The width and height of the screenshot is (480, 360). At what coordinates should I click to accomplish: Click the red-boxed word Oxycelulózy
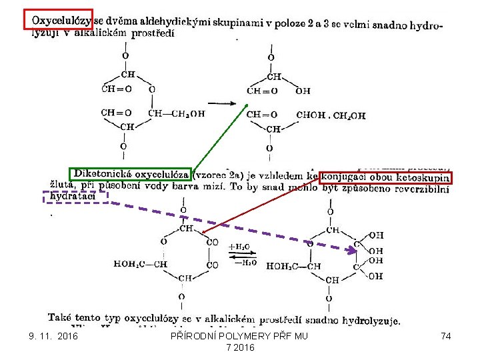(x=57, y=20)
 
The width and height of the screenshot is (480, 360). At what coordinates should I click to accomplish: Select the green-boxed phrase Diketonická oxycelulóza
(x=131, y=174)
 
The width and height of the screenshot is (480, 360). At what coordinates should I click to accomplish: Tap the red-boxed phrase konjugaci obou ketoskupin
(x=386, y=177)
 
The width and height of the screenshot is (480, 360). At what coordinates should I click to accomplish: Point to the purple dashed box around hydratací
(x=75, y=197)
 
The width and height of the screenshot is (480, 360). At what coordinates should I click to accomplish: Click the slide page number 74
(x=446, y=337)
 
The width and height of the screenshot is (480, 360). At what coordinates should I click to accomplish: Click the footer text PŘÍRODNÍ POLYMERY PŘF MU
(x=239, y=337)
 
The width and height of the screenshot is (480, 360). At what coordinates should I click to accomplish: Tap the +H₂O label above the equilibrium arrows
(x=239, y=247)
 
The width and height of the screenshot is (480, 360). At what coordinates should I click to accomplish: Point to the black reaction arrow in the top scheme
(x=224, y=103)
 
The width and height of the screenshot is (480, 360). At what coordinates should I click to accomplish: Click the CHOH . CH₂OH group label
(x=331, y=115)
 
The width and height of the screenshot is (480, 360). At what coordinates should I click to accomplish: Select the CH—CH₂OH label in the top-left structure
(x=176, y=113)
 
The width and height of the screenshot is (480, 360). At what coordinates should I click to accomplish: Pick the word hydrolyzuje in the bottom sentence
(x=370, y=321)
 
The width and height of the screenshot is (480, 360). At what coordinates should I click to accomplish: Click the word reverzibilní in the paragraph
(x=417, y=189)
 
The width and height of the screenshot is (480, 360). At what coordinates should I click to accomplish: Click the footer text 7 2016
(x=239, y=348)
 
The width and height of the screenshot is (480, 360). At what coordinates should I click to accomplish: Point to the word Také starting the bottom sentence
(x=61, y=317)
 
